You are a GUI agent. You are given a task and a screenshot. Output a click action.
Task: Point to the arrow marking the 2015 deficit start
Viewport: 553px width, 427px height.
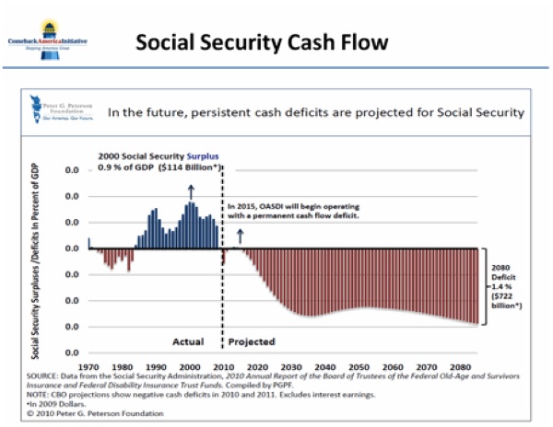pyautogui.click(x=241, y=235)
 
